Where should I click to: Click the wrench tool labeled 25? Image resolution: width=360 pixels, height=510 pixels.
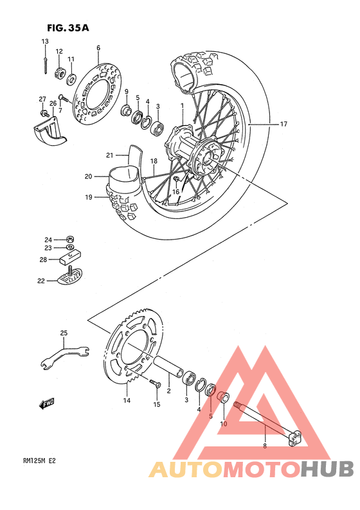pos(64,355)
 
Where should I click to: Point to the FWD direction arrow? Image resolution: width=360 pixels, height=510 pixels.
pos(46,403)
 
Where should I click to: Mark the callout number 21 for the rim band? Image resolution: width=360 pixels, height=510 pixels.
pos(109,155)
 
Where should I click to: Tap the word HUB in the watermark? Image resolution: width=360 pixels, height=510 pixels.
pos(328,469)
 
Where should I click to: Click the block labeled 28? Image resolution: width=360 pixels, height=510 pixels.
pos(66,260)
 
